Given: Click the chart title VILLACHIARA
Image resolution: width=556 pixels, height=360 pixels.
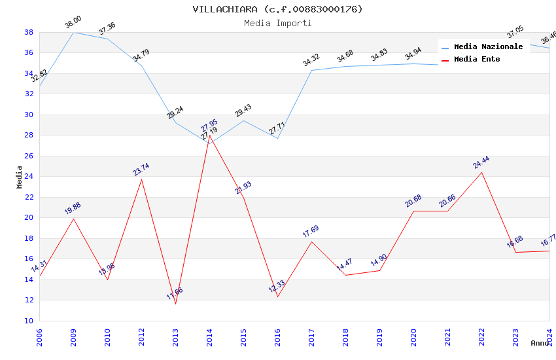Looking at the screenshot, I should [x=277, y=9].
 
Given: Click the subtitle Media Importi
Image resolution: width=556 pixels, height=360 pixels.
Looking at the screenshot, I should [x=277, y=23].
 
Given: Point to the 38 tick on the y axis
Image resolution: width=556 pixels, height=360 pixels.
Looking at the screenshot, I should [x=29, y=32].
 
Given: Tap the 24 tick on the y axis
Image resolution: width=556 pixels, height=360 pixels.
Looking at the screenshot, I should [x=29, y=177].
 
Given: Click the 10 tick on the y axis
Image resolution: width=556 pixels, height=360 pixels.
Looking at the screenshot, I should [x=29, y=321].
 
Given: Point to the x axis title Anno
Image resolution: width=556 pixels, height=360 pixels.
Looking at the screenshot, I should [x=540, y=343].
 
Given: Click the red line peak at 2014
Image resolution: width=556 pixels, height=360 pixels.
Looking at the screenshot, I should [x=209, y=135].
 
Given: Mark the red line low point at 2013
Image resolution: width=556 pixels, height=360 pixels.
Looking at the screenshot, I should [x=175, y=304].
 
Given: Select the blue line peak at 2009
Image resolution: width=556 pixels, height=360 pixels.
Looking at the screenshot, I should [x=73, y=32].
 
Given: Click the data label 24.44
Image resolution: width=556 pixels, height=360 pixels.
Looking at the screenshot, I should [x=481, y=162].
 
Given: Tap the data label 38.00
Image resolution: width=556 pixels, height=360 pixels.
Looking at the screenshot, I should [x=73, y=22].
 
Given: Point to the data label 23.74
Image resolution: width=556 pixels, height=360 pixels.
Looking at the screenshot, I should [x=141, y=169].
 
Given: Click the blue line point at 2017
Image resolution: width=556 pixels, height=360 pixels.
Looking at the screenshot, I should [x=311, y=70].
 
